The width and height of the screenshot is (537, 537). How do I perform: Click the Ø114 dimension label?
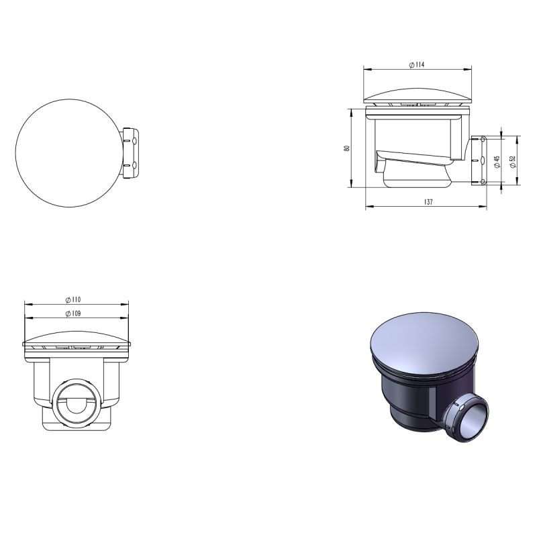point(417,64)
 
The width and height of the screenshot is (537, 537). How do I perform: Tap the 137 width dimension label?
point(428,202)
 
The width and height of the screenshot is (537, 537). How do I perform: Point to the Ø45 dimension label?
point(497,162)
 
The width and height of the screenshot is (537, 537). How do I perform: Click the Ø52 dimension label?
point(512,162)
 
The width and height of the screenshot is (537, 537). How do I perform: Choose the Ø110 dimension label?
point(73,299)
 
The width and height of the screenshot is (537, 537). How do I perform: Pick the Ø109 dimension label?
point(73,313)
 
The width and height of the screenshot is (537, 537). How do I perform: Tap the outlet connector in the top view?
point(130,153)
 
